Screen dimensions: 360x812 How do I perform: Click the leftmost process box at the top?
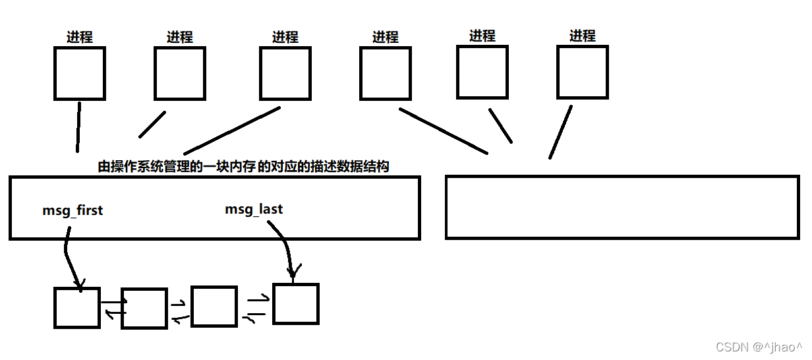coord(79,73)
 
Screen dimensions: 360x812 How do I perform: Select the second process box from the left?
coord(179,73)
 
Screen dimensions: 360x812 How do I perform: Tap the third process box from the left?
coord(285,73)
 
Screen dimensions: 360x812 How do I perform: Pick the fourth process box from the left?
coord(385,73)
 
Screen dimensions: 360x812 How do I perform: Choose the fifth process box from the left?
coord(482,72)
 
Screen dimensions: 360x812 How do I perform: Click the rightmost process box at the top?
coord(582,72)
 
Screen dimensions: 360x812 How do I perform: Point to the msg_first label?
coord(72,211)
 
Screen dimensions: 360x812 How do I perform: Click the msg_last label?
coord(254,209)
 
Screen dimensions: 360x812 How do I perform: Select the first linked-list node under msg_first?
coord(77,308)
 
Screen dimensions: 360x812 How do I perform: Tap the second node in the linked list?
coord(144,308)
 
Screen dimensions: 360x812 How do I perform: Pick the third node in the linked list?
coord(214,306)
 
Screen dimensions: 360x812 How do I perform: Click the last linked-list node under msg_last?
coord(296,303)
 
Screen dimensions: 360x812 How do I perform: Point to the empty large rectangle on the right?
coord(622,207)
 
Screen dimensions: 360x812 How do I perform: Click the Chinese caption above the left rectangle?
coord(243,167)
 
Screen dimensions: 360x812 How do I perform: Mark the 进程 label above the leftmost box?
coord(79,37)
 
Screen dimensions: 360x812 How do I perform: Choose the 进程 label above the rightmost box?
coord(582,36)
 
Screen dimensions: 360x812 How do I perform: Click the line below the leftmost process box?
coord(78,127)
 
